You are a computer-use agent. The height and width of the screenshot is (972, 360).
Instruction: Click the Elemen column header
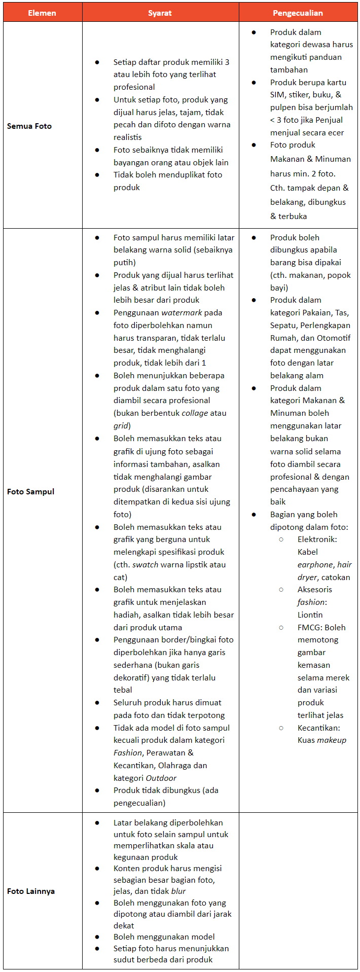click(42, 13)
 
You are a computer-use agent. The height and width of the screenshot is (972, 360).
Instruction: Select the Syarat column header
click(160, 13)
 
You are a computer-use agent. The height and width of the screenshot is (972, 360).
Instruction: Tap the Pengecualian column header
click(298, 13)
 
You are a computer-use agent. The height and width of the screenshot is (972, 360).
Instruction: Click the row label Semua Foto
click(29, 126)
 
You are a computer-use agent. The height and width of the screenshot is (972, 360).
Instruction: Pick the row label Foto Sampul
click(30, 491)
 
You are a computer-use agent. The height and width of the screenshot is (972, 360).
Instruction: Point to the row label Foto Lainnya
click(31, 891)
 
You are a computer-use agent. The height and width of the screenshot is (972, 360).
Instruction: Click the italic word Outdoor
click(161, 778)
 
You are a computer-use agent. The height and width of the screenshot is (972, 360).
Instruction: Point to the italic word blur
click(178, 891)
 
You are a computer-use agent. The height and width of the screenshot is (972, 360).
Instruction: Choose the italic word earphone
click(315, 565)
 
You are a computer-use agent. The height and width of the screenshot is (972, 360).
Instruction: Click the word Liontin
click(310, 615)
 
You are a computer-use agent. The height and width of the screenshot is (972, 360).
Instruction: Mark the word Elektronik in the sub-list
click(317, 539)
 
